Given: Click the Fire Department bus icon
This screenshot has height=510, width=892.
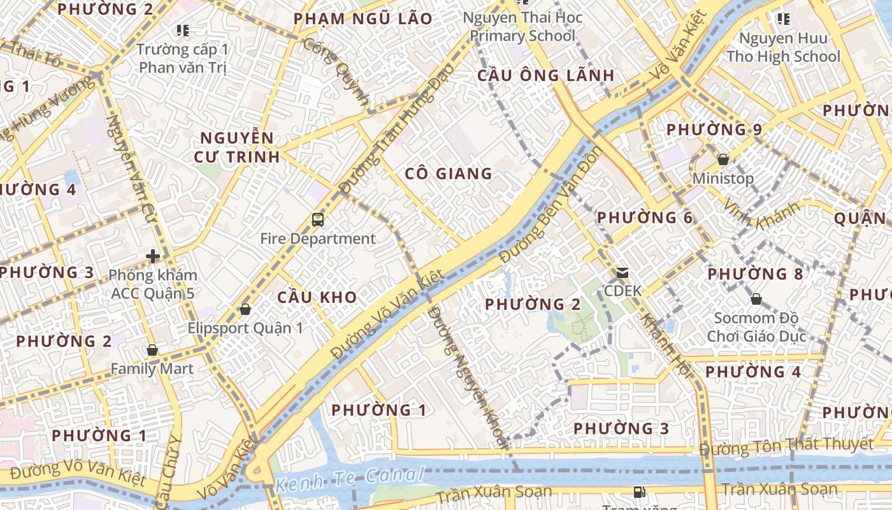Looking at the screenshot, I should pos(318,220).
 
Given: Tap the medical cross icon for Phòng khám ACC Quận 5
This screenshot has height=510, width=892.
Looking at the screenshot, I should pos(153,256).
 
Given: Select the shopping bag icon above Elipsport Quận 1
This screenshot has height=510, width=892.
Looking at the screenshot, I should pos(245,309).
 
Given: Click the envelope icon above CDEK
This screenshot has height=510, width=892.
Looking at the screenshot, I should pos(622,273).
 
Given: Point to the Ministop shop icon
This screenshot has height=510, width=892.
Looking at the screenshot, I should pos(723,159).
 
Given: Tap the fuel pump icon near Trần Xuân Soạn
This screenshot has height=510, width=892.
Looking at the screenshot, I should pos(638,492).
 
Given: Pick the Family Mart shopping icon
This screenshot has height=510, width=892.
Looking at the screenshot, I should pos(152,350).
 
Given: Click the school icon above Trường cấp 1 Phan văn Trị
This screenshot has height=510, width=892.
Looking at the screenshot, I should pos(183,30).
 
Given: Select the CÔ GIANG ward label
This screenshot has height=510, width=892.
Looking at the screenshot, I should pos(449,173).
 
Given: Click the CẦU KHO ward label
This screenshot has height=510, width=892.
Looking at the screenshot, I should pos(317,297).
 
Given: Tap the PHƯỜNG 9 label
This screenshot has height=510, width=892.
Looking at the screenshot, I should pos(714,130).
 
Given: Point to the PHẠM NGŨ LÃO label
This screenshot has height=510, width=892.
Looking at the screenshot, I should pos(363,19).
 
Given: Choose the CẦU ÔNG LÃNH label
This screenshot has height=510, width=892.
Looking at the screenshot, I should pos(546,76).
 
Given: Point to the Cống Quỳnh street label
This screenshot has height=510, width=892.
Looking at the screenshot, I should pos(336,71).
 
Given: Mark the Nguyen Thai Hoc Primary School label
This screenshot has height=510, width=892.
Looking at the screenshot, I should pos(522,26).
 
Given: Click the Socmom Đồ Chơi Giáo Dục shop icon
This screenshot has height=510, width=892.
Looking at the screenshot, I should pos(756,298).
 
